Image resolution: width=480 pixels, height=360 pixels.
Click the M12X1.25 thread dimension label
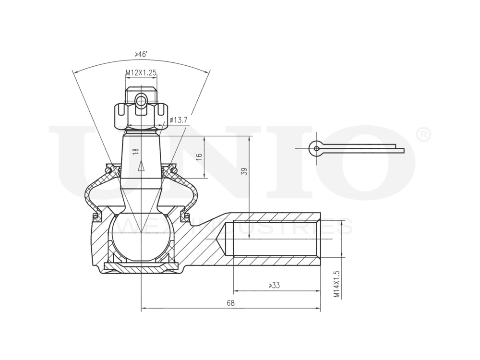141,73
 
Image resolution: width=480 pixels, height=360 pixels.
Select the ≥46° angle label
140,54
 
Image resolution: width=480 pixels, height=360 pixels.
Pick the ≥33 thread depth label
274,286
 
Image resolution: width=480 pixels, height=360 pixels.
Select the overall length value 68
230,303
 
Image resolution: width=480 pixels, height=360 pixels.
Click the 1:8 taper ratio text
136,151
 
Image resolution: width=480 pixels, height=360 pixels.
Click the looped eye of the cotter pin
316,148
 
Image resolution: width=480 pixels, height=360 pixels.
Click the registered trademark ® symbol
422,135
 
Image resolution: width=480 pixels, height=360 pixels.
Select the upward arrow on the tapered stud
141,166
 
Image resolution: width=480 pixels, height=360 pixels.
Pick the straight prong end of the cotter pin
398,150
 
